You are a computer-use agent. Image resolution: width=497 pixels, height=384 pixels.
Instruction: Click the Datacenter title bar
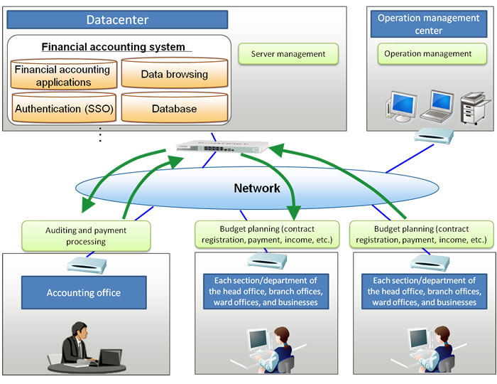116,19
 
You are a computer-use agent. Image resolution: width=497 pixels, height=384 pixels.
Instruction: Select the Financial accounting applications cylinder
62,76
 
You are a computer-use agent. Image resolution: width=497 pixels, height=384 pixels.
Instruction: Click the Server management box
288,54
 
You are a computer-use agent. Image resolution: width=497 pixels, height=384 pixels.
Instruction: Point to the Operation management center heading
430,23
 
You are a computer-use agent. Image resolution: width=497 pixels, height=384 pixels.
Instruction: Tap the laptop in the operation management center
435,105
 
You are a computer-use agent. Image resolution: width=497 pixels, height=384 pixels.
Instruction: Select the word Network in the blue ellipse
257,188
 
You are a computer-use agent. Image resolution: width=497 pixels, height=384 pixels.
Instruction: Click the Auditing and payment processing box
86,235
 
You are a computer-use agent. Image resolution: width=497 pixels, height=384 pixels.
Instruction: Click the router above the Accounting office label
85,265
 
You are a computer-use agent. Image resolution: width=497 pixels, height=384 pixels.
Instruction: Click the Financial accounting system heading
114,47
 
